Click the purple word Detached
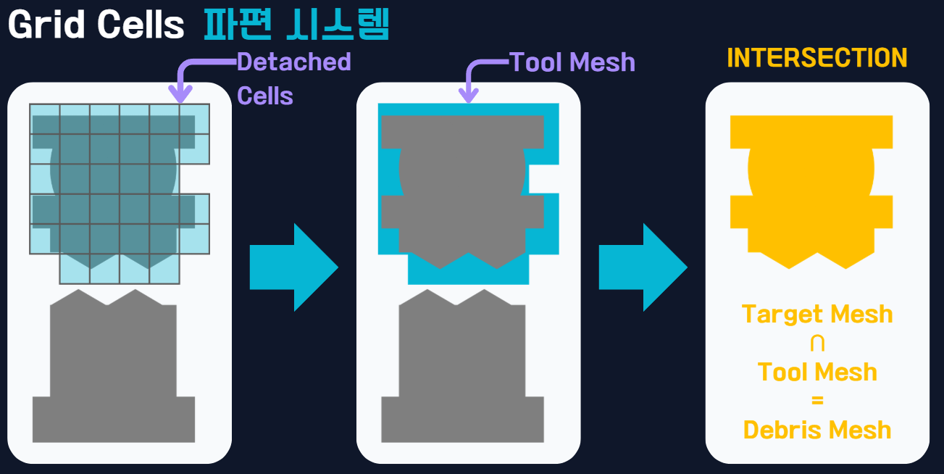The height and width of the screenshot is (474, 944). click(293, 62)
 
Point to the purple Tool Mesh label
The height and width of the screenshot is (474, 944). click(572, 63)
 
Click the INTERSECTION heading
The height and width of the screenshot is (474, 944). click(816, 58)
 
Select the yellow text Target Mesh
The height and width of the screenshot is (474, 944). click(817, 315)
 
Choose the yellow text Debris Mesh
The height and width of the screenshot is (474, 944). click(817, 430)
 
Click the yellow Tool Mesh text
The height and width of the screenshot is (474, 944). click(817, 372)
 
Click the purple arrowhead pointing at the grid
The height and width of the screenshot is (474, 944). click(180, 94)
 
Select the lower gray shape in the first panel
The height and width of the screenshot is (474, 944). click(114, 370)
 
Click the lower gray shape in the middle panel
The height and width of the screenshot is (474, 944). click(462, 370)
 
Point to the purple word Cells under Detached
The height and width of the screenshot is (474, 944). click(265, 96)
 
